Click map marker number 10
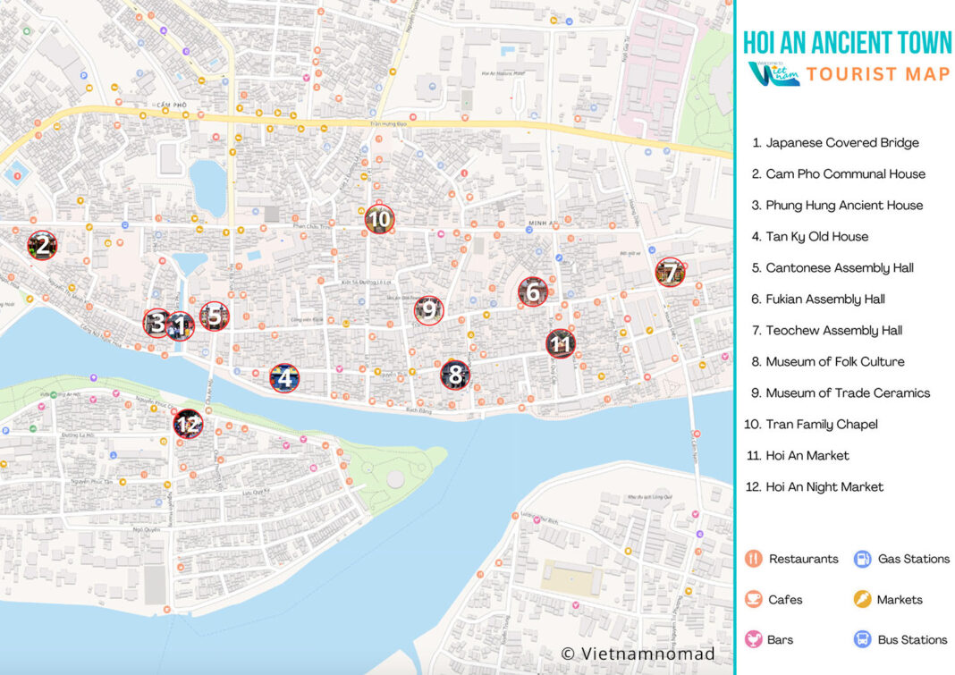tap(379, 219)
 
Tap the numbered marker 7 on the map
tap(670, 272)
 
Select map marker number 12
tap(188, 423)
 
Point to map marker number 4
tap(284, 378)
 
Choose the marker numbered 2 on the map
tap(42, 245)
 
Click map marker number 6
tap(533, 291)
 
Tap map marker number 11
tap(561, 343)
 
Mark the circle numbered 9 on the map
tap(428, 310)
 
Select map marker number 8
tap(455, 375)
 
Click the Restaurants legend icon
tap(754, 559)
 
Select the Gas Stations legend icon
tap(862, 559)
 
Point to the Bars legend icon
tap(754, 639)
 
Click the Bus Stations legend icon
tap(862, 639)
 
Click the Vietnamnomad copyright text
tap(638, 654)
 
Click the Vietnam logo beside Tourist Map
tap(773, 73)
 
